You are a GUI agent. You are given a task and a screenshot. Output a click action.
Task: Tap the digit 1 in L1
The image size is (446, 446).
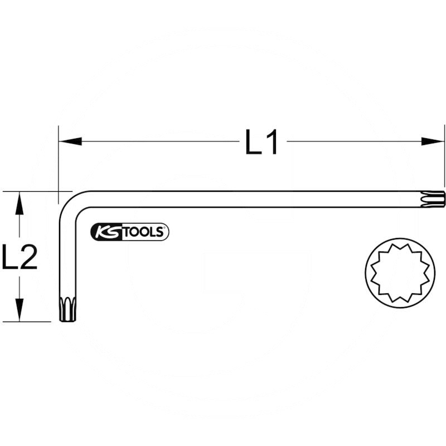click(272, 143)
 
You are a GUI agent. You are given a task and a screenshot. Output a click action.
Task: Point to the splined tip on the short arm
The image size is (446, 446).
click(67, 309)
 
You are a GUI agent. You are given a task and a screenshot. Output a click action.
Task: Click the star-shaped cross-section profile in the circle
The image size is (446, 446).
click(400, 273)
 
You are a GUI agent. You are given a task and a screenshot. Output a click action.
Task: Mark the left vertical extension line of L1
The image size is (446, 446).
click(58, 162)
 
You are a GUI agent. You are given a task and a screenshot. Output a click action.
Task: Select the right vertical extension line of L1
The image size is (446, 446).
click(445, 162)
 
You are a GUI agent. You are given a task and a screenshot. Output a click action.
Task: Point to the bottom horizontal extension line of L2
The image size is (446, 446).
click(28, 322)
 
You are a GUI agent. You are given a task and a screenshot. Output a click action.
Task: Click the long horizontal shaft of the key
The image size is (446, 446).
click(251, 199)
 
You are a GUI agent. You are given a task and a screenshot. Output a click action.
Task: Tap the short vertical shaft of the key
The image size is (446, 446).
click(67, 256)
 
